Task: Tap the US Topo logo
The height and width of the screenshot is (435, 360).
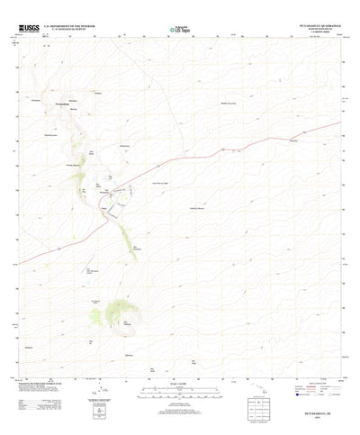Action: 180,30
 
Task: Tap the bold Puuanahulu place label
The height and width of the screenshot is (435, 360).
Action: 64,104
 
